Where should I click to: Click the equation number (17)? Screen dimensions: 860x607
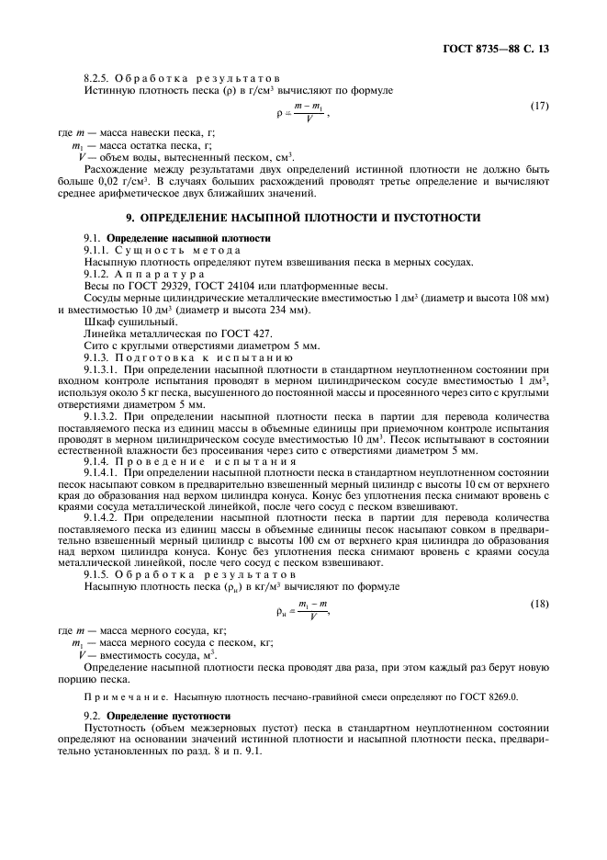540,107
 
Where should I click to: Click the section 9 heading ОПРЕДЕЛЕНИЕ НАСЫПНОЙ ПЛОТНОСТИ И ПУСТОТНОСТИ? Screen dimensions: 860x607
303,218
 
